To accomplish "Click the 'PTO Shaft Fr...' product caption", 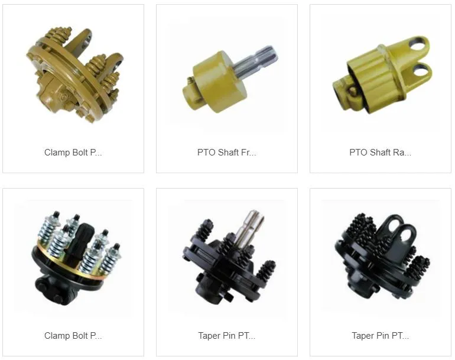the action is (227, 153).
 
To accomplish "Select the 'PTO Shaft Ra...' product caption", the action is (380, 153).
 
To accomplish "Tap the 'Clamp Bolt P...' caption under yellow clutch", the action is (73, 153).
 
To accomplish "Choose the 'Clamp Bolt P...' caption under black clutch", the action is (73, 336).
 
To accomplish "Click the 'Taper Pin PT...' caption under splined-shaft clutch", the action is (227, 336).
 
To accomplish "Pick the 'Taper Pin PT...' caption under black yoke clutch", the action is (380, 336).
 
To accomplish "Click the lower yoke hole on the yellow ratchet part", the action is (421, 70).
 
